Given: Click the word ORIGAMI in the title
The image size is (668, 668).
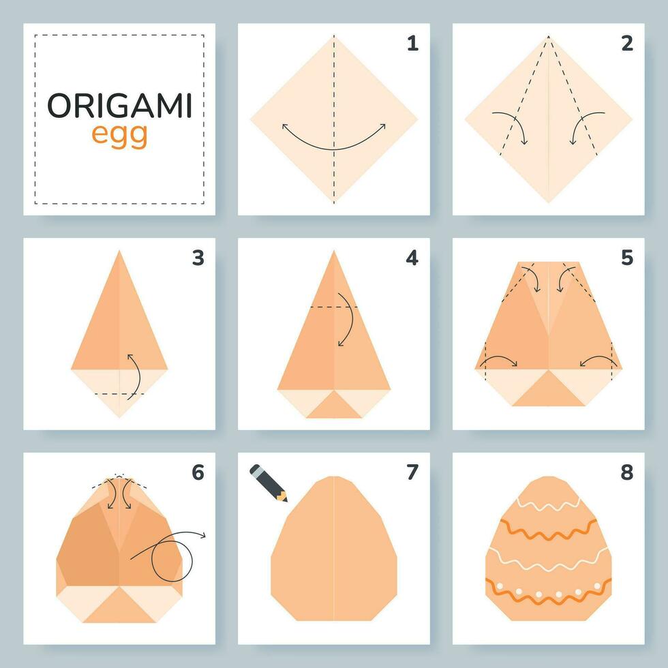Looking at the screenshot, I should click(x=119, y=106).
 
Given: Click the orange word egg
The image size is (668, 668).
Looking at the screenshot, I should click(x=119, y=135).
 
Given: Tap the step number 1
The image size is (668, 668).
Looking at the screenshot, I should click(x=412, y=44).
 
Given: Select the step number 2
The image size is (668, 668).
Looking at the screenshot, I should click(x=627, y=44).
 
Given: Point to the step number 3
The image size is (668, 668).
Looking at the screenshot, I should click(x=198, y=258).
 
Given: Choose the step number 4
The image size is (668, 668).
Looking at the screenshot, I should click(x=412, y=258).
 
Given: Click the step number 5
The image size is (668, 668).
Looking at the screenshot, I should click(x=627, y=258).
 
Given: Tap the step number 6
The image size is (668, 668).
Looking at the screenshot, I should click(x=198, y=472).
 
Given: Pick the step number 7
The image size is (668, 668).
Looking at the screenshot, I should click(x=412, y=472).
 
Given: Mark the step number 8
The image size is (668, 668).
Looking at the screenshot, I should click(x=627, y=472).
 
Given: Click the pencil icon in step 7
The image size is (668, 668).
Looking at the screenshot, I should click(x=268, y=482).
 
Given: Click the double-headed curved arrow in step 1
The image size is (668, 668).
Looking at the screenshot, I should click(x=334, y=140).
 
